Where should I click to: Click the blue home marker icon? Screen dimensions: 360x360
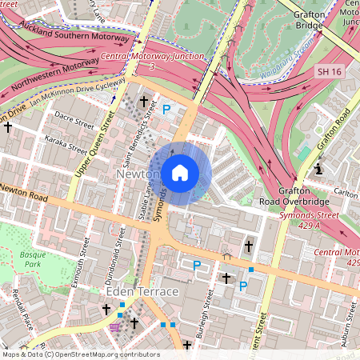coord(180,173)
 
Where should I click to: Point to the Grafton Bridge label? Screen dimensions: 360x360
coord(308,19)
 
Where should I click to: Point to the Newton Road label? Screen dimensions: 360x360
coord(26,192)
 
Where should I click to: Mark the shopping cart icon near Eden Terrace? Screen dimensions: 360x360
coord(115,326)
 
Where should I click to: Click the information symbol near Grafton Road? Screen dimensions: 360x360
coord(318,169)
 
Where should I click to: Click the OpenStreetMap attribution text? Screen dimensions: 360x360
coord(80,354)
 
